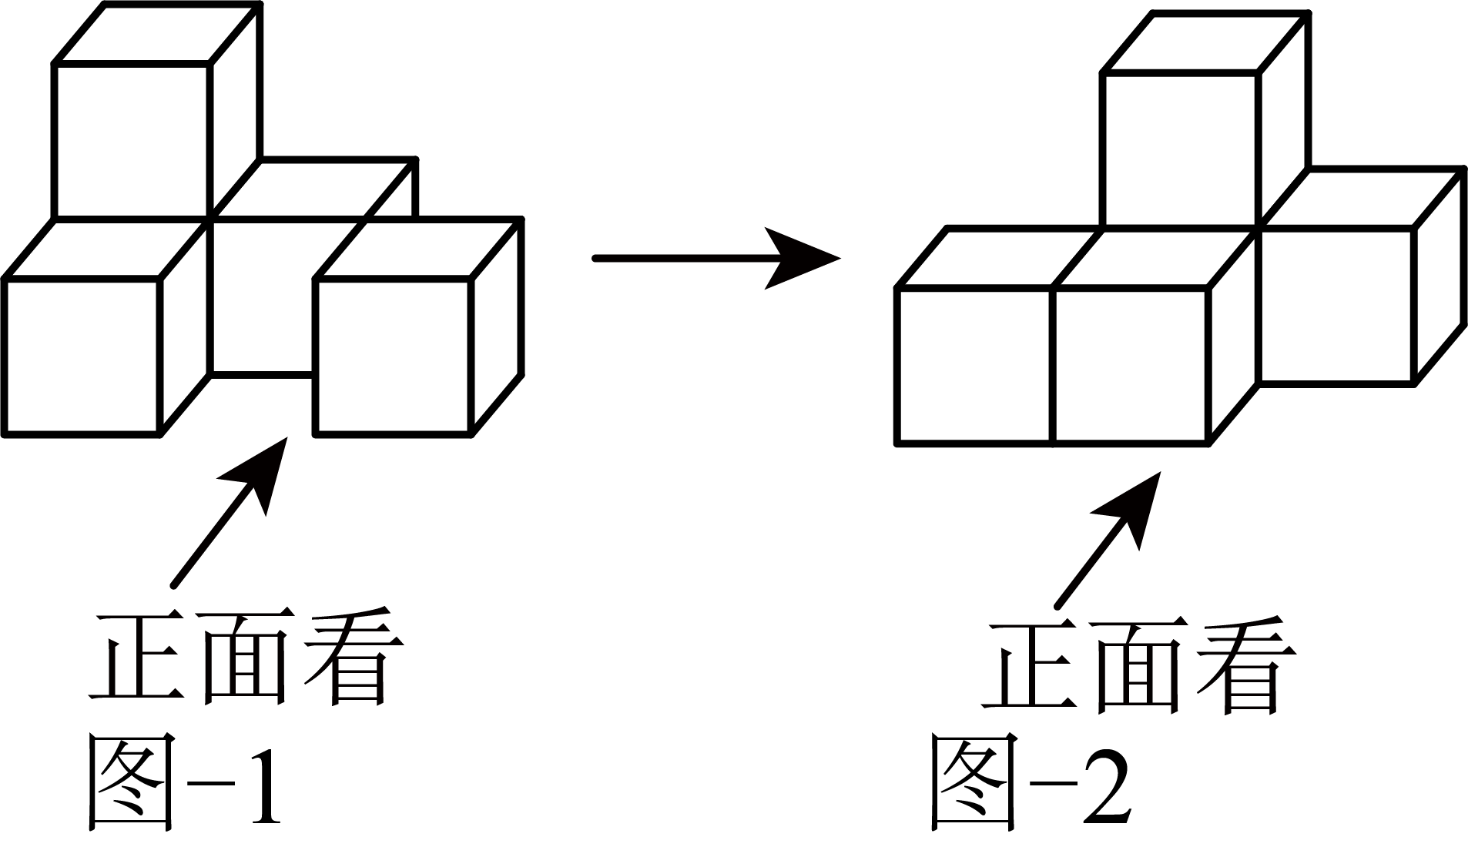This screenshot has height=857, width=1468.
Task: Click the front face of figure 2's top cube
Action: (1181, 150)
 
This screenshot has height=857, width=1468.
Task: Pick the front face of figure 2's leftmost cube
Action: (974, 366)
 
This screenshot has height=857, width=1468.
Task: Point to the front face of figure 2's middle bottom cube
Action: (1130, 366)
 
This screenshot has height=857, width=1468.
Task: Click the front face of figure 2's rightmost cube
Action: (1336, 305)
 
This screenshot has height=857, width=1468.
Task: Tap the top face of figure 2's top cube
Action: (1205, 42)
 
